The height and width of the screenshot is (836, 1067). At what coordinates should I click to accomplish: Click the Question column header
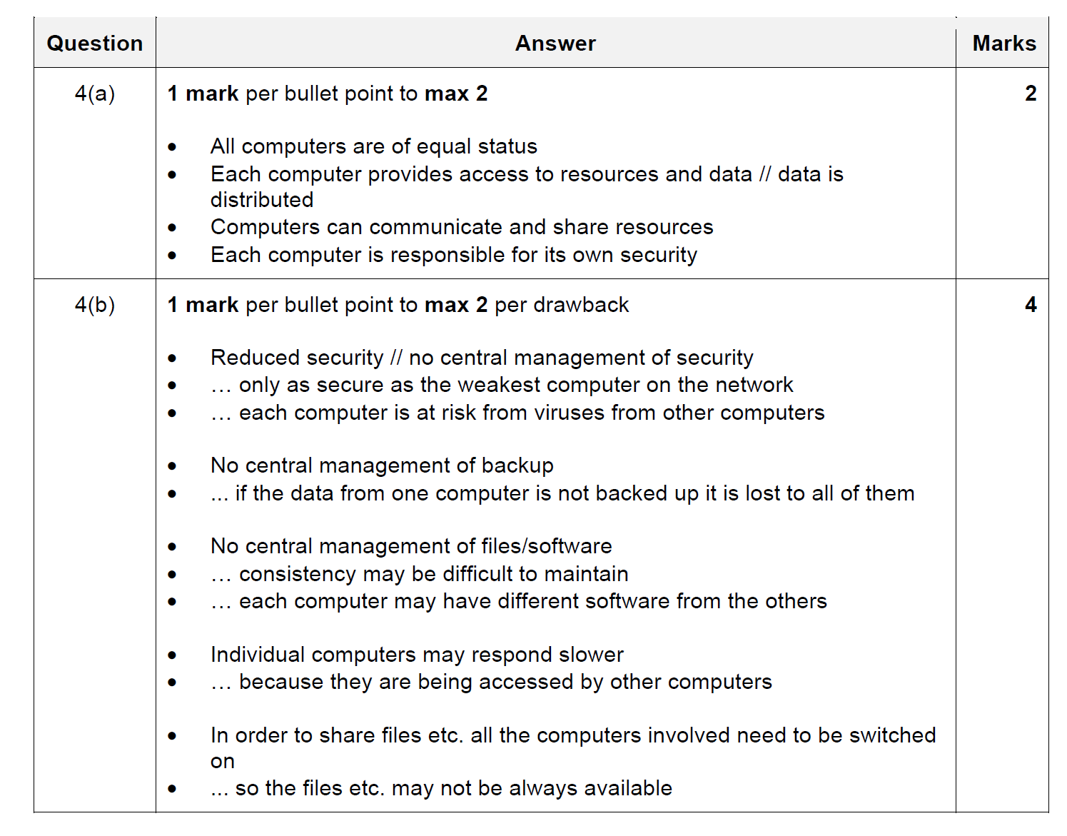point(95,44)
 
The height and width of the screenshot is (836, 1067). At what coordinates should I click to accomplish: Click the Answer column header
point(555,44)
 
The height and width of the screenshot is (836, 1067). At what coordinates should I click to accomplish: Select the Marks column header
point(1003,44)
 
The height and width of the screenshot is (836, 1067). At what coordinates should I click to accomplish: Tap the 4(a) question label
point(95,94)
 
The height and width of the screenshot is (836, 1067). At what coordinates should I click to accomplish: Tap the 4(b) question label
point(95,305)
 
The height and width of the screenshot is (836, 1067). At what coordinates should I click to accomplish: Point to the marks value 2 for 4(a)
point(1031,94)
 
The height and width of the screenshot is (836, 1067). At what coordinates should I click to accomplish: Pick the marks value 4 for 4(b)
point(1031,305)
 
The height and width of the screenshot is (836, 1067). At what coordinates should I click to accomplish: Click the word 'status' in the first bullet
point(507,146)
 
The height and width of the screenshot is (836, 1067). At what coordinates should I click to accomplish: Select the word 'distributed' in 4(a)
point(262,200)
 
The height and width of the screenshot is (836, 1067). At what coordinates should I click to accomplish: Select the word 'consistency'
point(297,574)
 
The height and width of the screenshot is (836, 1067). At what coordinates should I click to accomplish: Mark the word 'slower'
point(591,655)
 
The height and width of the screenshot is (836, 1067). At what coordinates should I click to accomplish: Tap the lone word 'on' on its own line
point(223,762)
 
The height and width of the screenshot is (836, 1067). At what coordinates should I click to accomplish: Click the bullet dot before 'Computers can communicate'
point(172,228)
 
